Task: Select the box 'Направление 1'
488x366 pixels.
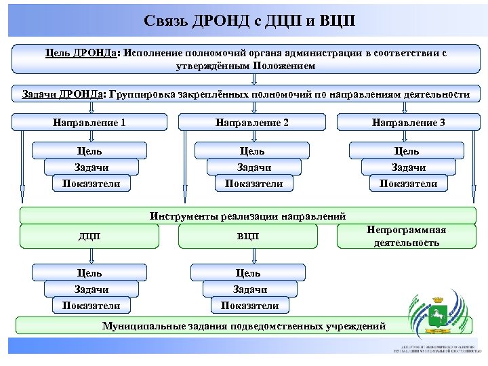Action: click(89, 123)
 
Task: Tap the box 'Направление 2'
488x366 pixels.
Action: click(251, 123)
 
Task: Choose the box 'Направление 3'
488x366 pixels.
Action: click(408, 123)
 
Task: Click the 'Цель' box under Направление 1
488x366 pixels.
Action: click(89, 150)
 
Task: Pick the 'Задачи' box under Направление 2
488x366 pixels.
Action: click(251, 167)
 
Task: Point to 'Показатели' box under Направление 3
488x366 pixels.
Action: click(408, 183)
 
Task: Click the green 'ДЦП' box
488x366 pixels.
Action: click(89, 236)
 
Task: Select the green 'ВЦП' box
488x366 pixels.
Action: click(248, 236)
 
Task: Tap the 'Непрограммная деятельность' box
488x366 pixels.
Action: click(406, 236)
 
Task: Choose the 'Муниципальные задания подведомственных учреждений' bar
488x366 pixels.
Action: click(243, 326)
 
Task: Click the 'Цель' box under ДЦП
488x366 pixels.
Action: click(89, 272)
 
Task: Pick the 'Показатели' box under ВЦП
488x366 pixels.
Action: click(249, 305)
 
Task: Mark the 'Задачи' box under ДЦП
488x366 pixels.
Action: click(91, 289)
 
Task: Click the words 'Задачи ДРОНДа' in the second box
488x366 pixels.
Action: click(59, 94)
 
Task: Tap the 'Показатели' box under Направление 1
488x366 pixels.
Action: click(91, 183)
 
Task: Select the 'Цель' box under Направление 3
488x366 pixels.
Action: click(407, 150)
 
